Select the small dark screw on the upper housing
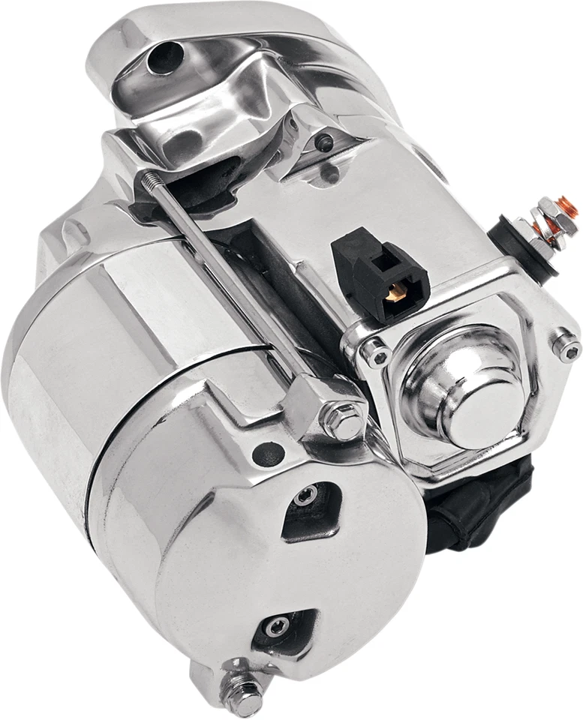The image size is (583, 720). [325, 142]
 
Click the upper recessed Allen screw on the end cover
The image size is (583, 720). [305, 496]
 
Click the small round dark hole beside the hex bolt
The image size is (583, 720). [268, 453]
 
